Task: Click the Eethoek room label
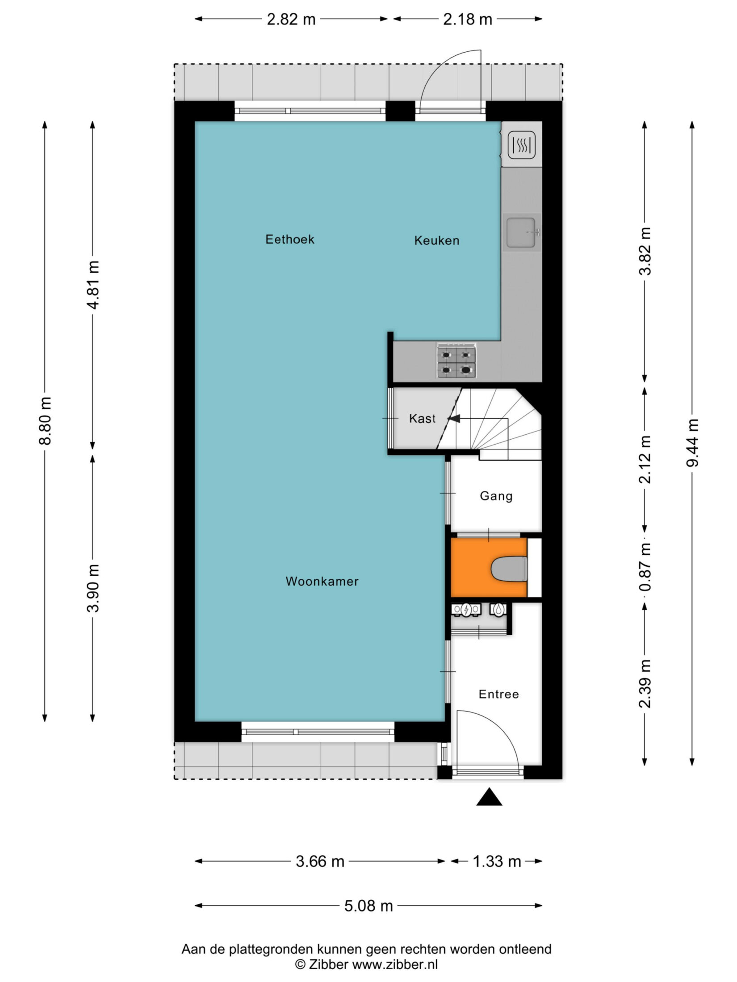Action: [290, 239]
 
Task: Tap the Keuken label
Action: [436, 241]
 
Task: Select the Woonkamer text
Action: [322, 581]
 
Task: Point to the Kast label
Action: [422, 418]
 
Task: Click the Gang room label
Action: [496, 496]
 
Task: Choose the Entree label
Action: [498, 694]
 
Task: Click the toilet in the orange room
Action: [509, 569]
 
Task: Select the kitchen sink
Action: [522, 232]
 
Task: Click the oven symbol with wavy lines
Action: [522, 145]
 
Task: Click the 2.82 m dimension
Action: [291, 20]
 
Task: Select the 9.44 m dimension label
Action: [692, 443]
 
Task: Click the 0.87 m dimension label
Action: [645, 567]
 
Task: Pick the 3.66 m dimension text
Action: [320, 861]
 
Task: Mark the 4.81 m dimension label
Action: [93, 285]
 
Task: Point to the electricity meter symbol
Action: [466, 610]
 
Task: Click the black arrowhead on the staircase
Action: [454, 419]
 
